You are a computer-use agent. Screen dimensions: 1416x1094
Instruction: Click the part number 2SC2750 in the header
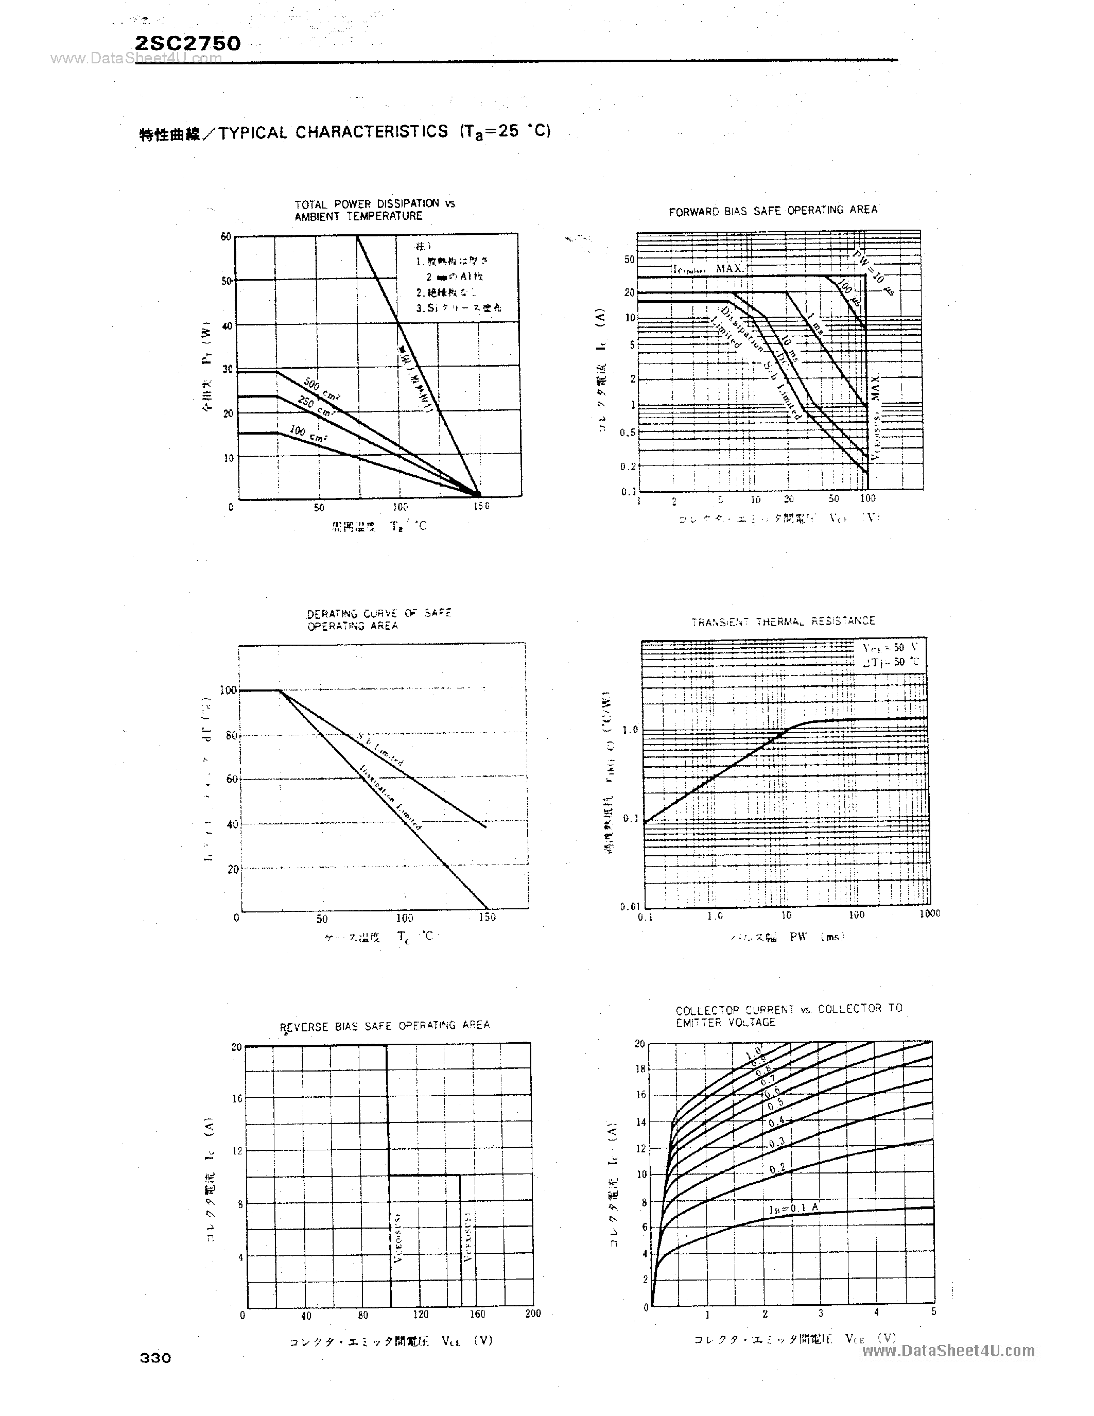click(188, 43)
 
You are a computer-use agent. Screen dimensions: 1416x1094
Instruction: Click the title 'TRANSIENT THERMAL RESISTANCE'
click(783, 621)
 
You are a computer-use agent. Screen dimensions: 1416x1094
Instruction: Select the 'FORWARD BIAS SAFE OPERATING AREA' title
click(773, 211)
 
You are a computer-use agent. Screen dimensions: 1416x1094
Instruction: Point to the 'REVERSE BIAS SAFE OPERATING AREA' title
click(385, 1026)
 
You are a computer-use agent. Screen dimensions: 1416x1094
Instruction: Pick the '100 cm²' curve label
click(308, 433)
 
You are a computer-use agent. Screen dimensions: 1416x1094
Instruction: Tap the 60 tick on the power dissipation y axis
click(225, 237)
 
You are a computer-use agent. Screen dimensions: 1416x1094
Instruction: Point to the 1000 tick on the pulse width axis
click(929, 913)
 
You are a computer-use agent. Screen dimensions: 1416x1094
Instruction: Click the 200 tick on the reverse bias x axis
click(532, 1314)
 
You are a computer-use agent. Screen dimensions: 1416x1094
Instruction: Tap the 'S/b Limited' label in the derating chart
click(380, 749)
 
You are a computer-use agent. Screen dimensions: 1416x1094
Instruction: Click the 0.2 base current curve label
click(777, 1168)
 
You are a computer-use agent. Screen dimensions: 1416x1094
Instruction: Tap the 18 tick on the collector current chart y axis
click(640, 1069)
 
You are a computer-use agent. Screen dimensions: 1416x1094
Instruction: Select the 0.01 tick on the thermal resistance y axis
click(630, 906)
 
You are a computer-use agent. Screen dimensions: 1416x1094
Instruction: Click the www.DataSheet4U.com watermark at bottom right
click(948, 1351)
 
